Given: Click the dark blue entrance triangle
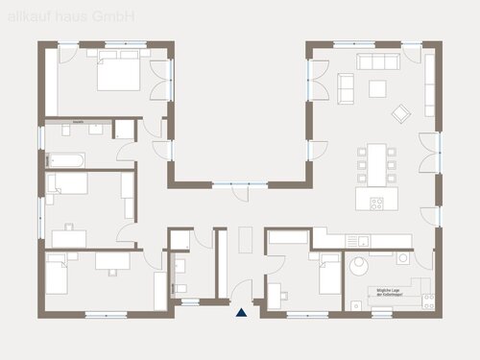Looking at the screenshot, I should [x=241, y=310].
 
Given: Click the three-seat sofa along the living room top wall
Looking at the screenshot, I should [x=378, y=61].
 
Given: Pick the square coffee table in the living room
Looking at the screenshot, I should [x=378, y=88].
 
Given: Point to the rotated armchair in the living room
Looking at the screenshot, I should [x=398, y=114].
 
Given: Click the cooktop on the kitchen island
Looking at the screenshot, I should [x=376, y=202].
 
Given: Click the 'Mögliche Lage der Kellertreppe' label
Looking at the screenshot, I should [x=387, y=291].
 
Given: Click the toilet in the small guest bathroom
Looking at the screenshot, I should [x=180, y=288].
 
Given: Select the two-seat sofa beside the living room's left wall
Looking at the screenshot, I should [x=346, y=88].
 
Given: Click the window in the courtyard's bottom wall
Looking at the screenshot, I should [x=234, y=183].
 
